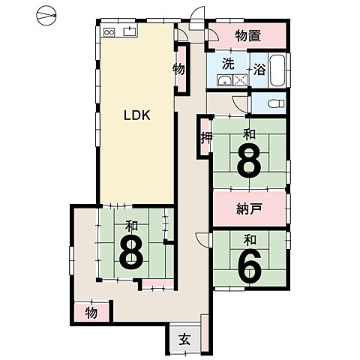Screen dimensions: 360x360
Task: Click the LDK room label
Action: click(137, 115)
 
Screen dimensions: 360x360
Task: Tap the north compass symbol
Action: click(46, 16)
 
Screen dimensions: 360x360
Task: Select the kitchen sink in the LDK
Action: click(130, 31)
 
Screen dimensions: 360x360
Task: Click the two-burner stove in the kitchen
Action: click(109, 32)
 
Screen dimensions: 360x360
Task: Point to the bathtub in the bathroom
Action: click(277, 70)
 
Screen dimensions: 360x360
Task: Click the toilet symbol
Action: click(276, 103)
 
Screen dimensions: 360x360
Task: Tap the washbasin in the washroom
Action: click(224, 80)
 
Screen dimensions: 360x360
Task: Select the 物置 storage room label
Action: click(248, 36)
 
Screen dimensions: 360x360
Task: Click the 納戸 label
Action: click(249, 208)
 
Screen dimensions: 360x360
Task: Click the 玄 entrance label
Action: click(185, 339)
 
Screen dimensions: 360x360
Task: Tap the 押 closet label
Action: click(207, 137)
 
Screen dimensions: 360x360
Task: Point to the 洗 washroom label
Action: click(228, 64)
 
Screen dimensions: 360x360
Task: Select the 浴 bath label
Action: click(259, 69)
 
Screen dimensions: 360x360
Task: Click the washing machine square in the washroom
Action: click(240, 80)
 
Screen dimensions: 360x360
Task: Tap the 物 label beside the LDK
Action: click(179, 70)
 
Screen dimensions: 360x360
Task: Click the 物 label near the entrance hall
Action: click(91, 313)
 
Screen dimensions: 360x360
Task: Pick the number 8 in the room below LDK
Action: click(131, 252)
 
